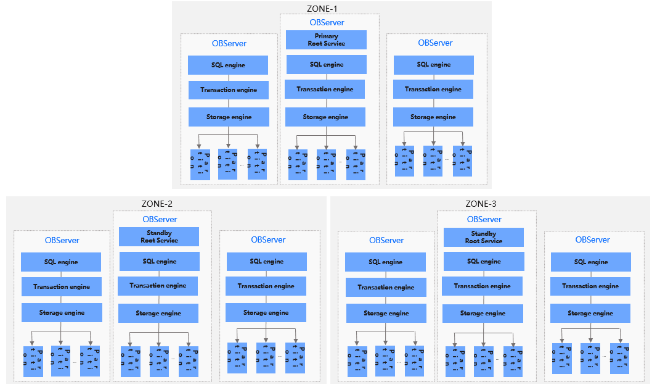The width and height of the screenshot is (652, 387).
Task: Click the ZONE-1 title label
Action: tap(326, 9)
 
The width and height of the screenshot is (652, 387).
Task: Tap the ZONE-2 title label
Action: tap(157, 204)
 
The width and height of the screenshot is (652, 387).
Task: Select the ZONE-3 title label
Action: tap(481, 204)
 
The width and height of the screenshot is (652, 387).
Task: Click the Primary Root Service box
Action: tap(326, 40)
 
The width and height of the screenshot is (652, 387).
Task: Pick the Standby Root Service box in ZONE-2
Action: tap(159, 236)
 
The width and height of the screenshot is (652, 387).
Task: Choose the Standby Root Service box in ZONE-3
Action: tap(484, 237)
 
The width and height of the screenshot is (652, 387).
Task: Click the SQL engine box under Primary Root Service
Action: tap(326, 65)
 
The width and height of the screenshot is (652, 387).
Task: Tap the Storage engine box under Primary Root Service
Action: tap(325, 117)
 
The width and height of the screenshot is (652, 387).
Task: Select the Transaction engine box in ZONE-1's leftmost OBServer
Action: tap(229, 90)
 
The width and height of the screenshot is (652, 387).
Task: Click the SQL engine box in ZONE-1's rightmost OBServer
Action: tap(433, 65)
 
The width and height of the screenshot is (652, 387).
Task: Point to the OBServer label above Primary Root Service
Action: tap(327, 22)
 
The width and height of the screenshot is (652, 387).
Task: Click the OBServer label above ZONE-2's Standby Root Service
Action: tap(160, 219)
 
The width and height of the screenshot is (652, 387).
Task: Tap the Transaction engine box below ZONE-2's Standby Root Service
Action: tap(158, 286)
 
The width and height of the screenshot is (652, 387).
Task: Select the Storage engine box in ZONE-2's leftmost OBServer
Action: tap(62, 313)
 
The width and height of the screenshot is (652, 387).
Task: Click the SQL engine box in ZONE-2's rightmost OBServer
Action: tap(267, 262)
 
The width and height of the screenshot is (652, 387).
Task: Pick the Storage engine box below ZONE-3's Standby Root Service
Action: tap(483, 314)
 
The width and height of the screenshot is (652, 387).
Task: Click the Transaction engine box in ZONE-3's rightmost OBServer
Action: tap(590, 286)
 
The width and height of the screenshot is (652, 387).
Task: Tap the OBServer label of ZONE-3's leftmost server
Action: tap(386, 240)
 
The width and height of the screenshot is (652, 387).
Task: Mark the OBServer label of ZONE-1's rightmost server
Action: tap(435, 43)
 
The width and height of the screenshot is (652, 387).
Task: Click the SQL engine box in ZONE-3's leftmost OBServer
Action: tap(385, 262)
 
